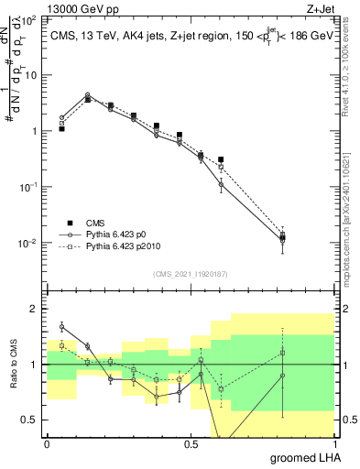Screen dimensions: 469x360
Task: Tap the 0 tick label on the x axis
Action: pos(47,442)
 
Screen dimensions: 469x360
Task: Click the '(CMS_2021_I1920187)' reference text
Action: pos(190,273)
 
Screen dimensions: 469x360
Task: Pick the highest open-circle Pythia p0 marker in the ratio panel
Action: pos(61,326)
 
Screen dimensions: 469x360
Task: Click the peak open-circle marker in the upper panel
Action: pos(87,95)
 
